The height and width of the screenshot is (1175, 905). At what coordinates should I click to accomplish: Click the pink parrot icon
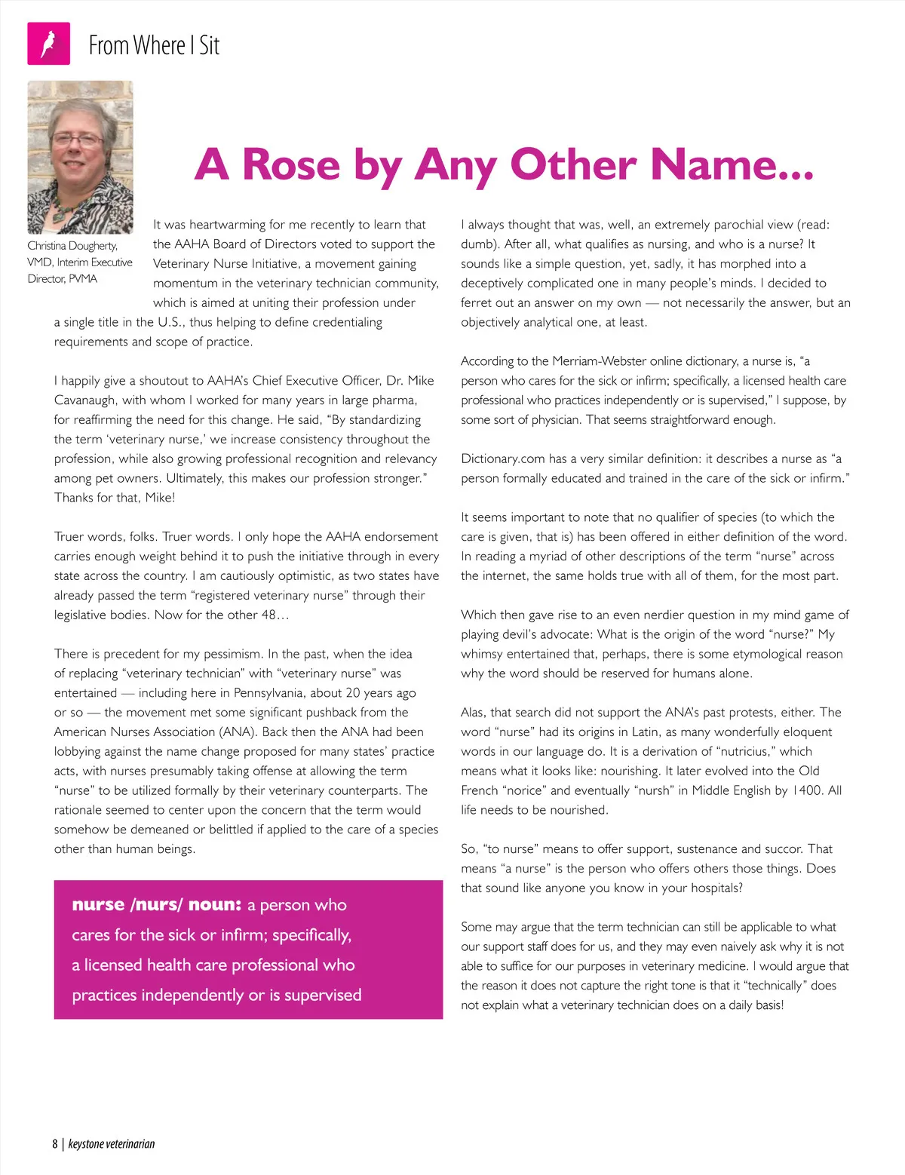click(48, 44)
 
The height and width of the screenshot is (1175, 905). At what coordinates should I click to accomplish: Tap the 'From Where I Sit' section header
click(154, 45)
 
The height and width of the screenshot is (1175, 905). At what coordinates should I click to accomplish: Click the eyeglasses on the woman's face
click(77, 140)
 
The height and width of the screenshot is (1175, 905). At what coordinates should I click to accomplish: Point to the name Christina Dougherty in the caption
click(72, 246)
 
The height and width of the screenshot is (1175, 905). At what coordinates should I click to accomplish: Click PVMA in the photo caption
click(83, 279)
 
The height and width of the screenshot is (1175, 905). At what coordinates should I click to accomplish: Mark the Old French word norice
click(524, 790)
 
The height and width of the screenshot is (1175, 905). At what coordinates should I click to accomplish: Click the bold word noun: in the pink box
click(215, 905)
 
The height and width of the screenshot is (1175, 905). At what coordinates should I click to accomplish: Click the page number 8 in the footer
click(55, 1144)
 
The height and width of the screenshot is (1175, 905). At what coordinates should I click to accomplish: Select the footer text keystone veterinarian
click(112, 1144)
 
